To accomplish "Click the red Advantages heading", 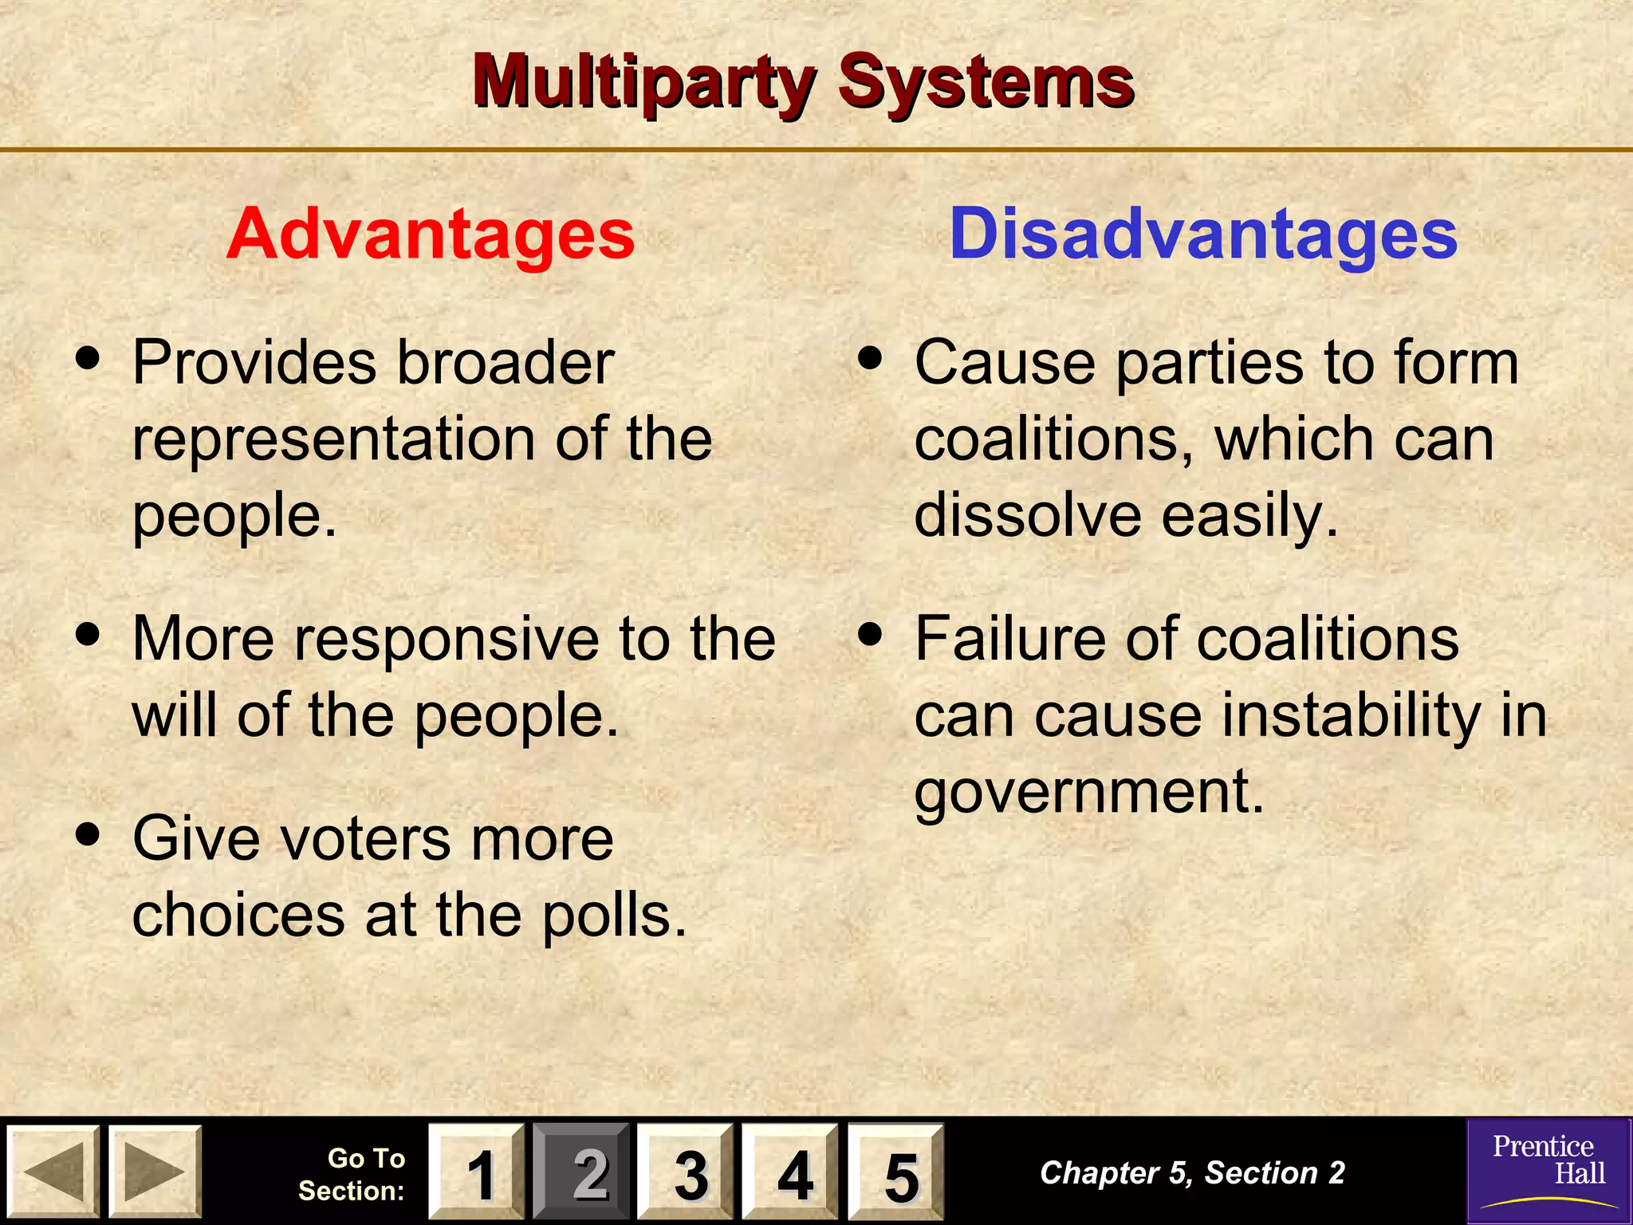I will pos(430,234).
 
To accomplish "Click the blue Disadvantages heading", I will pos(1203,234).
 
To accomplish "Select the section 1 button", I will pos(477,1172).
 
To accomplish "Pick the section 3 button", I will pos(687,1172).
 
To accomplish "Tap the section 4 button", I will pos(791,1172).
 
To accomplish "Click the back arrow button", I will pos(53,1172).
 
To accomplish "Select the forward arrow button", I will pos(155,1172).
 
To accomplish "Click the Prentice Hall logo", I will pos(1548,1170).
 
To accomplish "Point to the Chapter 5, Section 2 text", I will pos(1192,1172).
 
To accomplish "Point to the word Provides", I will pos(254,364).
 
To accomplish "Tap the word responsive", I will pos(446,640).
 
